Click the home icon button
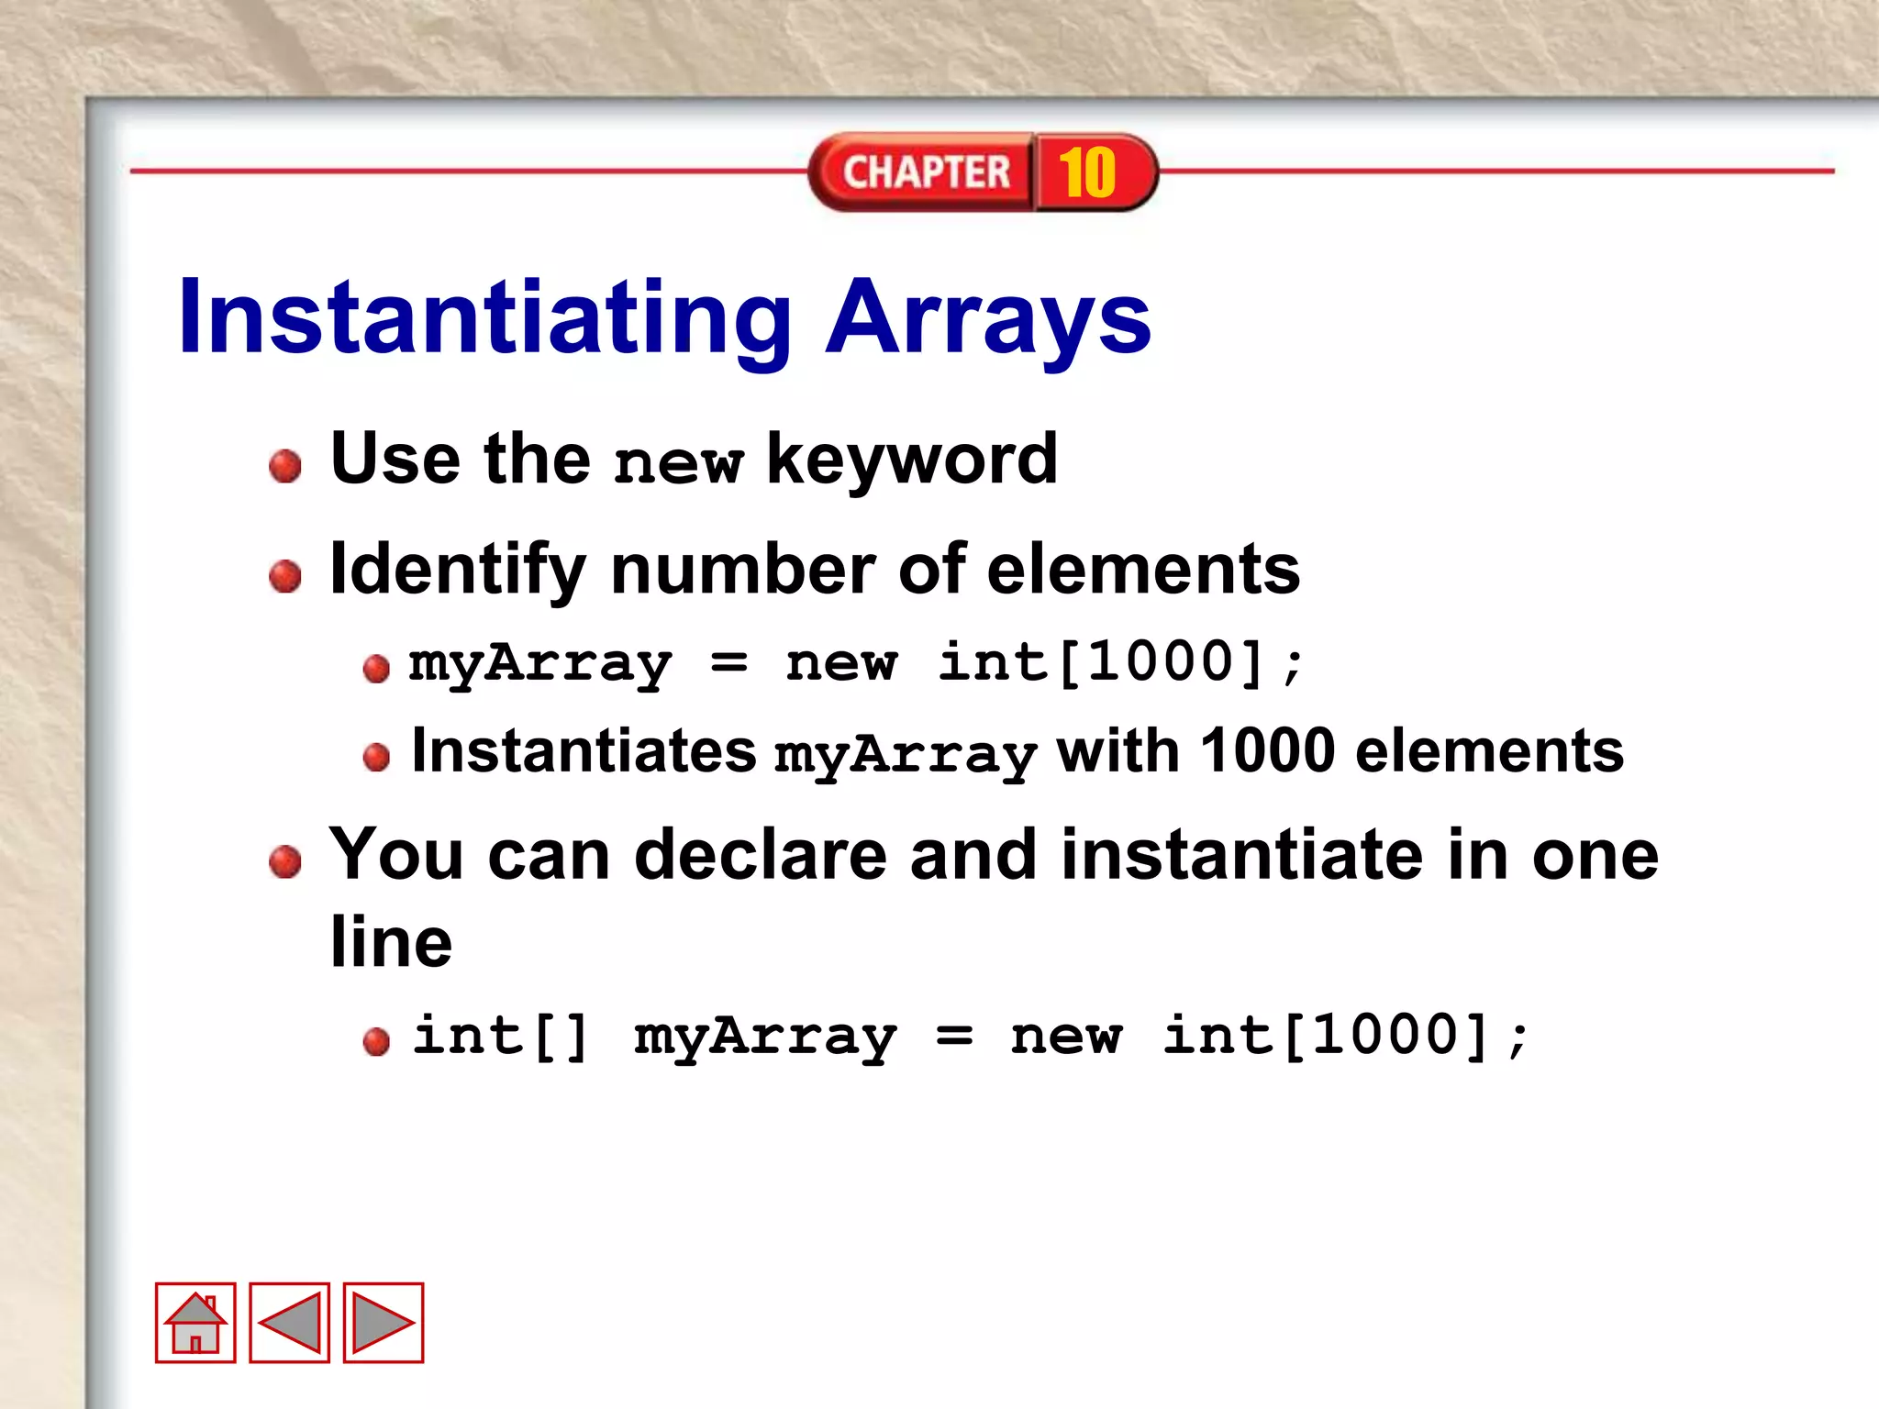coord(195,1322)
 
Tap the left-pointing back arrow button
coord(289,1322)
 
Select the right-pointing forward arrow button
coord(384,1322)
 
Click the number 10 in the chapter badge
coord(1087,172)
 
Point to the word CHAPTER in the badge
coord(926,172)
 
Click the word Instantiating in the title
coord(484,317)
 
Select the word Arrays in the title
coord(987,317)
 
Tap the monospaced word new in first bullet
coord(678,463)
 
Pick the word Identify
coord(457,570)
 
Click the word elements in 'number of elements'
coord(1143,570)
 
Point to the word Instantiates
coord(584,751)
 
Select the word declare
coord(761,855)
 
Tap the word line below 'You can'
coord(392,942)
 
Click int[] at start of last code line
coord(500,1037)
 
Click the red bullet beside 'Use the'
coord(285,466)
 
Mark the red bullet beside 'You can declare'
coord(285,861)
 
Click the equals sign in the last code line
coord(954,1037)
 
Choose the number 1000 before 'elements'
coord(1268,751)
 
